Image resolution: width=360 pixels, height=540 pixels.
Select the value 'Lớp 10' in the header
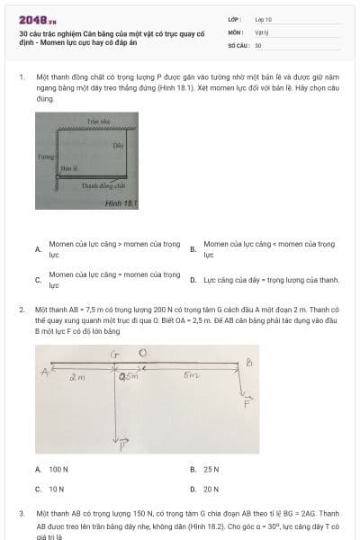(264, 18)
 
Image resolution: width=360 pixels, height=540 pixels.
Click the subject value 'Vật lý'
(262, 31)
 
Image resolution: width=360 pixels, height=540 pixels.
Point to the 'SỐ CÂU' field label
(237, 44)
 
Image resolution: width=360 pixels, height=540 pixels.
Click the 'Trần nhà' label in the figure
(97, 121)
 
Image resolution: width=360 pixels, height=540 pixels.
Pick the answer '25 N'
(211, 469)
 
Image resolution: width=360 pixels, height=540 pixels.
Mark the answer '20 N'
(211, 489)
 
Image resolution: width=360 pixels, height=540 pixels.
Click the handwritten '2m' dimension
(77, 379)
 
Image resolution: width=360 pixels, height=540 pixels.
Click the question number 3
(21, 512)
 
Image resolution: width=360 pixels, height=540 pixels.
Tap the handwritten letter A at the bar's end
(42, 371)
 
